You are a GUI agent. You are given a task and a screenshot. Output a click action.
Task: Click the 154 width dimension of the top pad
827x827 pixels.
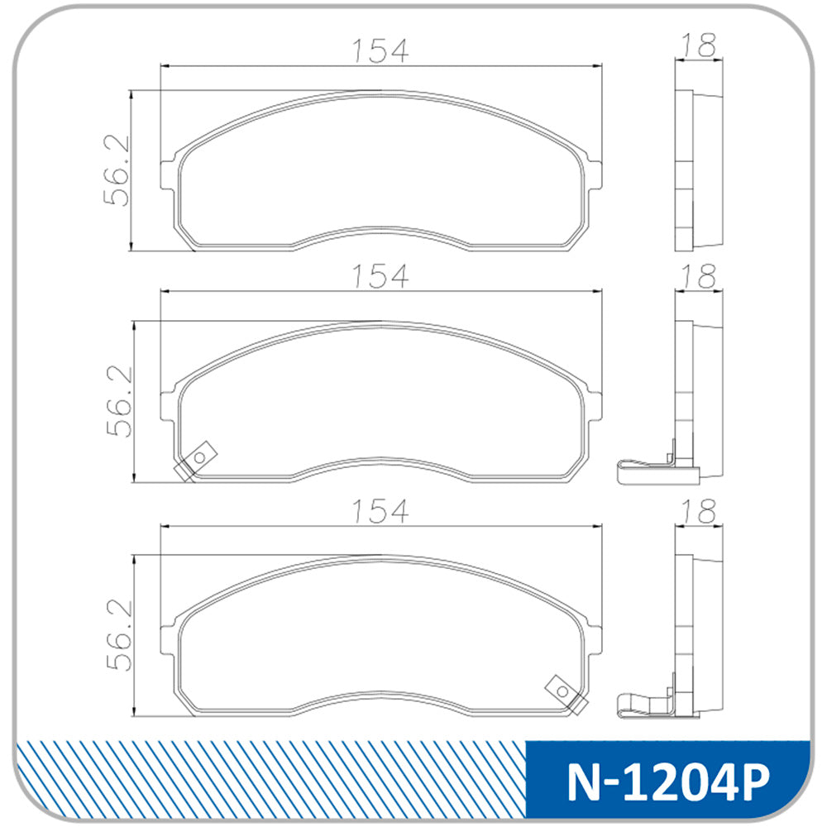pyautogui.click(x=380, y=50)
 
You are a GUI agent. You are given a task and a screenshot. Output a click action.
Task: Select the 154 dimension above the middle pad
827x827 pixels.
pyautogui.click(x=380, y=276)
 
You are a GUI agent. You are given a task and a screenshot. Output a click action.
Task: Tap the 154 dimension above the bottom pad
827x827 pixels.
pyautogui.click(x=380, y=510)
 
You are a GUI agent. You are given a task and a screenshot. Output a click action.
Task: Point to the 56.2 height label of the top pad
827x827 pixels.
pyautogui.click(x=117, y=171)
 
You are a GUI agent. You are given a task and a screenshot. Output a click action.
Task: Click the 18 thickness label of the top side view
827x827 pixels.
pyautogui.click(x=699, y=45)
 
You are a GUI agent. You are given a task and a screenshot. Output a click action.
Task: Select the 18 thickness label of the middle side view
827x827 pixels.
pyautogui.click(x=699, y=276)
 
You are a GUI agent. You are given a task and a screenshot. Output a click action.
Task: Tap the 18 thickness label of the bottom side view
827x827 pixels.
pyautogui.click(x=699, y=510)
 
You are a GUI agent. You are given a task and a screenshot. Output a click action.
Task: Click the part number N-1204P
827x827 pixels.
pyautogui.click(x=668, y=782)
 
